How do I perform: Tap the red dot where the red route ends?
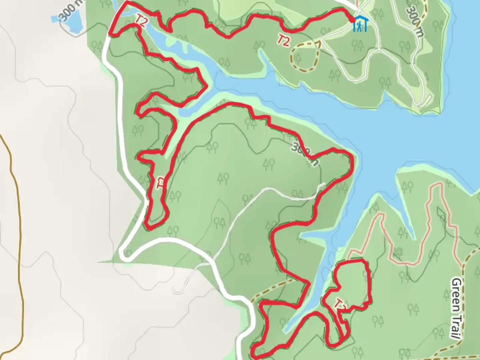pos(352,20)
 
